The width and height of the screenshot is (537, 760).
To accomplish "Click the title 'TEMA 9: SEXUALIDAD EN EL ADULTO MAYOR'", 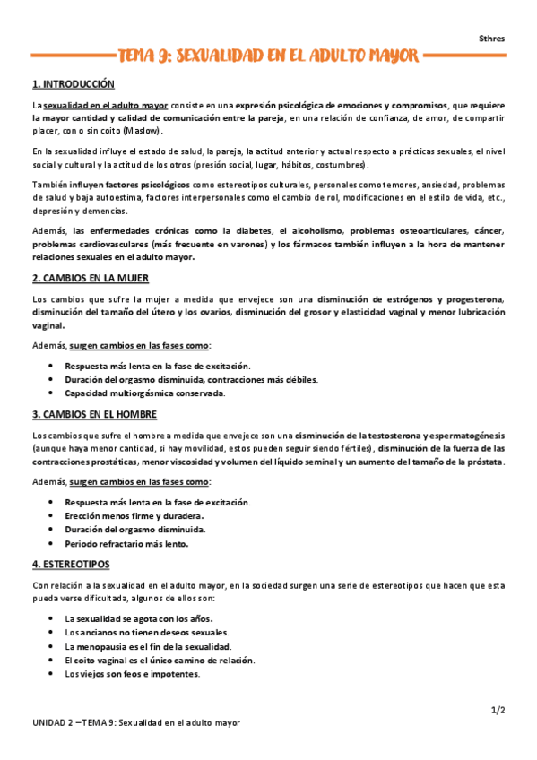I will click(x=268, y=57).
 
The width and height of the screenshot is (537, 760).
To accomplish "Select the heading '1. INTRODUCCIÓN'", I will click(x=74, y=84).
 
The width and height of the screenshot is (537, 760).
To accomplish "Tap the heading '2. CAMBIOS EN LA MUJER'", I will click(x=90, y=278).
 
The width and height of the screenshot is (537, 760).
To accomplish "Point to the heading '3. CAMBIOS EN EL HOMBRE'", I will click(x=94, y=415).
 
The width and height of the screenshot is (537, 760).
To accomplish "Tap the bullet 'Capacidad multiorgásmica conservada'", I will click(x=144, y=393).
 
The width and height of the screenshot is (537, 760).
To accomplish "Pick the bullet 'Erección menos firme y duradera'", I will click(x=134, y=515).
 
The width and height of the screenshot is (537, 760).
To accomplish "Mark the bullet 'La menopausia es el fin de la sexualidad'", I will click(x=148, y=646).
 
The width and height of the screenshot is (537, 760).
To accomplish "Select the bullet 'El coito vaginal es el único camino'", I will click(x=160, y=660).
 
